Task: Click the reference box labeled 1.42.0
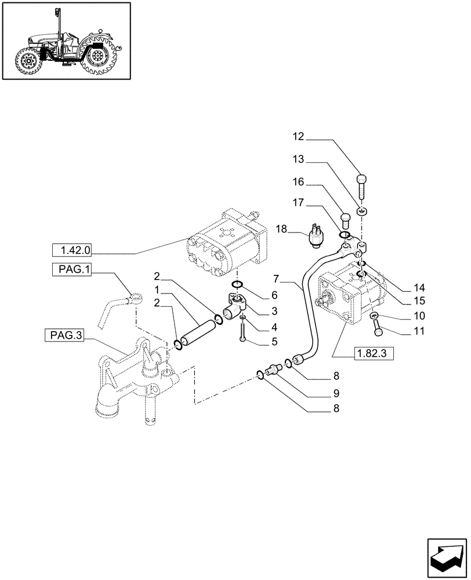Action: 75,251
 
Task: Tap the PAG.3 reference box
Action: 63,336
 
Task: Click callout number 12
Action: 298,137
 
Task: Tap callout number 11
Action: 404,332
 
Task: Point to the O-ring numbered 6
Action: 237,284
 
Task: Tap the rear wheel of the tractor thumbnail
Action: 97,59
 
